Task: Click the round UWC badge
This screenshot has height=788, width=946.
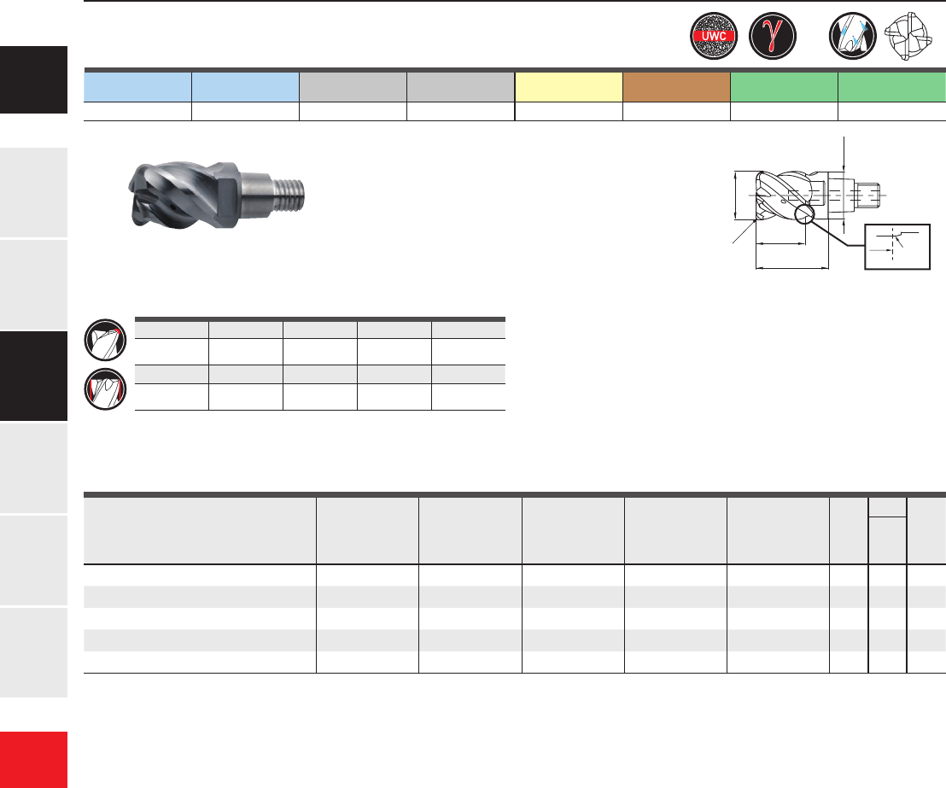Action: click(714, 36)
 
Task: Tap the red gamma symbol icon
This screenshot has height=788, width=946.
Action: click(773, 36)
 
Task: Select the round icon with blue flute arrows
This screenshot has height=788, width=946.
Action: click(852, 36)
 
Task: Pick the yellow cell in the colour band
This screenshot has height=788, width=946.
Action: click(569, 87)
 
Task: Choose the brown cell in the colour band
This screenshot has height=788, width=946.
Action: click(676, 87)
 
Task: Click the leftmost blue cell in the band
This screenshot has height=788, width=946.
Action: click(137, 87)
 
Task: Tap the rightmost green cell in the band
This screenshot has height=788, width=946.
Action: click(892, 87)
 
